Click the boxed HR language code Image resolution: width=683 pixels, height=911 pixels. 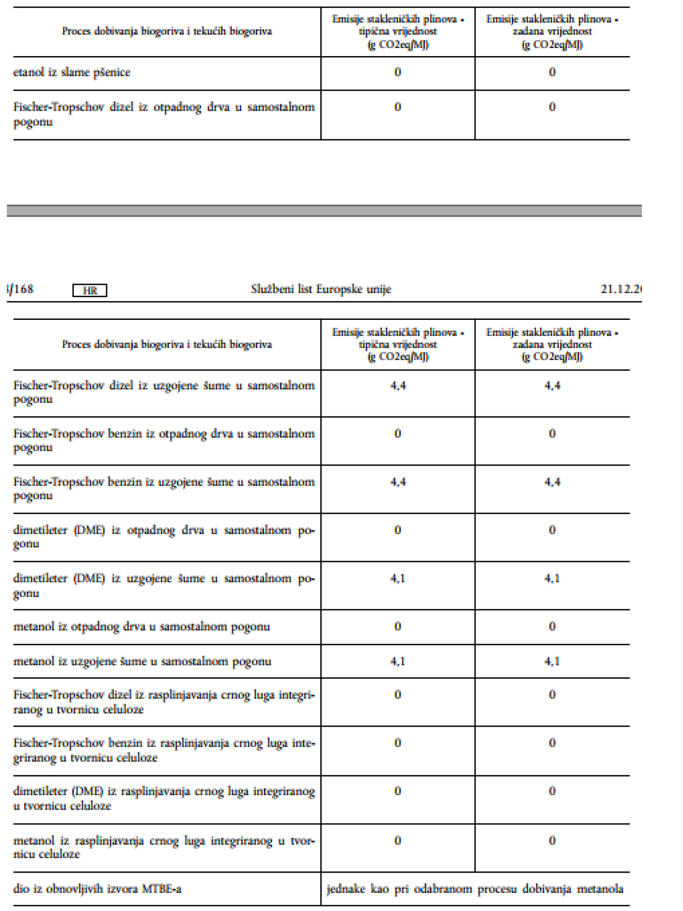[x=90, y=290]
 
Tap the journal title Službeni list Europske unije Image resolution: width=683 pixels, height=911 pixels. [x=321, y=289]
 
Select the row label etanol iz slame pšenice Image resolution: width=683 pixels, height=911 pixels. [x=72, y=73]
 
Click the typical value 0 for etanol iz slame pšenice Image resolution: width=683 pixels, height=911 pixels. [x=398, y=72]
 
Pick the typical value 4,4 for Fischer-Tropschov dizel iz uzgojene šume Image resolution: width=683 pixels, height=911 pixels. [x=398, y=386]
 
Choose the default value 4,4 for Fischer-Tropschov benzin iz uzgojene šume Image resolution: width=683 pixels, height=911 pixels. [x=552, y=482]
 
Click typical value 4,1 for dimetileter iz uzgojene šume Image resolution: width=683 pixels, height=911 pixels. [x=398, y=578]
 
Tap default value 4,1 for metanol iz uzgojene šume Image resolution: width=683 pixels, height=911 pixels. [x=552, y=662]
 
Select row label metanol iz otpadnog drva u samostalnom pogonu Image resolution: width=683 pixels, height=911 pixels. [x=142, y=627]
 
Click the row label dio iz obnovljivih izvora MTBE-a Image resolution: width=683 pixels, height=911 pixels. [x=97, y=889]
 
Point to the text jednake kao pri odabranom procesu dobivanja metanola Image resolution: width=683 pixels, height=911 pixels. [x=475, y=889]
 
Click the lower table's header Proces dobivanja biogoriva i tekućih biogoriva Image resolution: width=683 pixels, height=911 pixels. [x=167, y=344]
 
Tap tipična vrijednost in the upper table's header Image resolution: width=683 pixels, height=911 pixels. [x=398, y=32]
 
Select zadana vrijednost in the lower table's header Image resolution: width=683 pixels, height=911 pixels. [x=552, y=344]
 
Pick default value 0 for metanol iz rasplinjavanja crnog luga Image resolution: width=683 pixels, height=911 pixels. [x=552, y=841]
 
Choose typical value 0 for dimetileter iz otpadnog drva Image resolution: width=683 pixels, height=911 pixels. [x=398, y=530]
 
